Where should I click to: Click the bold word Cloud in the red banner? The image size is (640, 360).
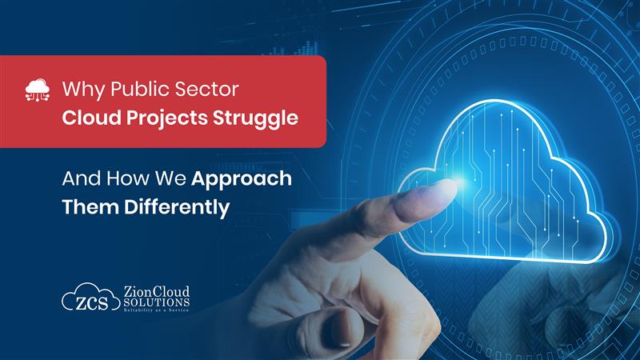89,118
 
